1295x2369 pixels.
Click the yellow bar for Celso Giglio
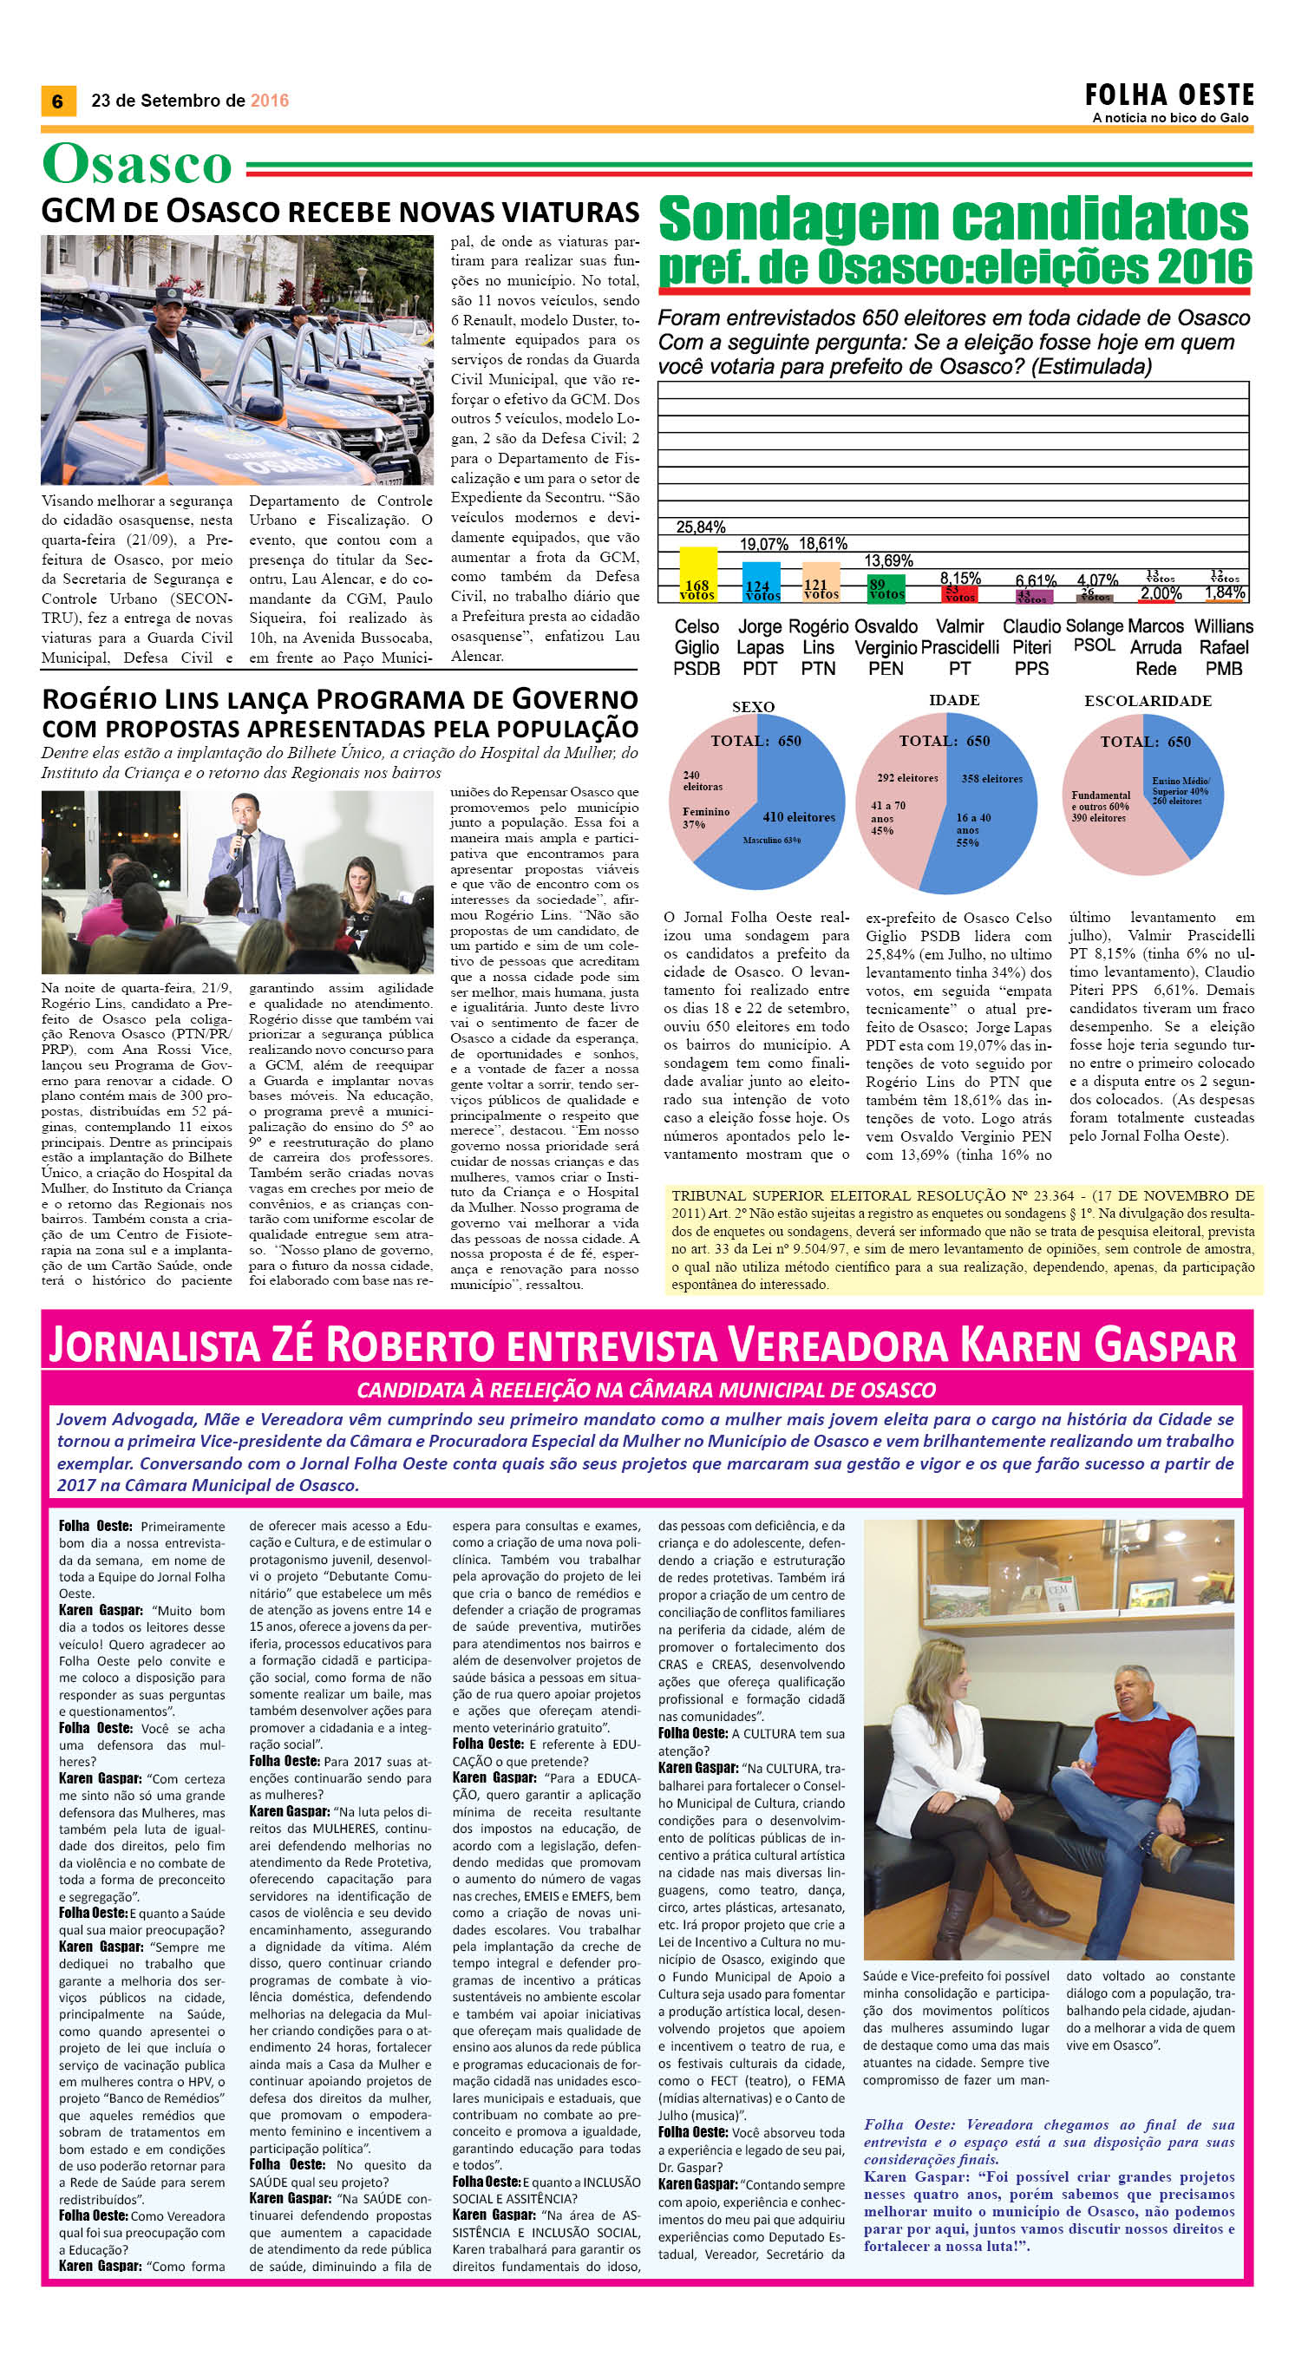[697, 574]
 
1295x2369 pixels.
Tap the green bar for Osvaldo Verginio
[886, 589]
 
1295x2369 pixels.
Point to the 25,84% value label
[701, 527]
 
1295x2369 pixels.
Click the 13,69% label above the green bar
[887, 560]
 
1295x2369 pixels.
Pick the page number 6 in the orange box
[58, 101]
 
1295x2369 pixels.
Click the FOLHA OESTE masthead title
[1169, 95]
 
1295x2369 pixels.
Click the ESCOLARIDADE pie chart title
[1147, 701]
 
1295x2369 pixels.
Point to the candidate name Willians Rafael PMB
[1223, 646]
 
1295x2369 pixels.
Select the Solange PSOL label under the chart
[1095, 636]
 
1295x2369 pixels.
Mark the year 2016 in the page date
[270, 101]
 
